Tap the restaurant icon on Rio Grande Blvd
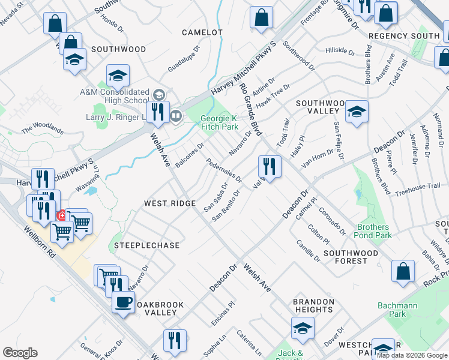[x=270, y=166]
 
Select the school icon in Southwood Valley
[x=357, y=112]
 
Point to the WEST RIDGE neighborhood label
[x=170, y=204]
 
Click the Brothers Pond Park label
[x=374, y=232]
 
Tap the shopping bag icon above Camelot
[x=261, y=17]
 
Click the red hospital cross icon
[x=61, y=215]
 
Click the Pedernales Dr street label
[x=224, y=170]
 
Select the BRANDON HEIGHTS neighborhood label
[x=313, y=306]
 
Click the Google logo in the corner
[x=20, y=353]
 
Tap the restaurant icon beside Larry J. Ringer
[x=158, y=112]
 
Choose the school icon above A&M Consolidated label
[x=118, y=76]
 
